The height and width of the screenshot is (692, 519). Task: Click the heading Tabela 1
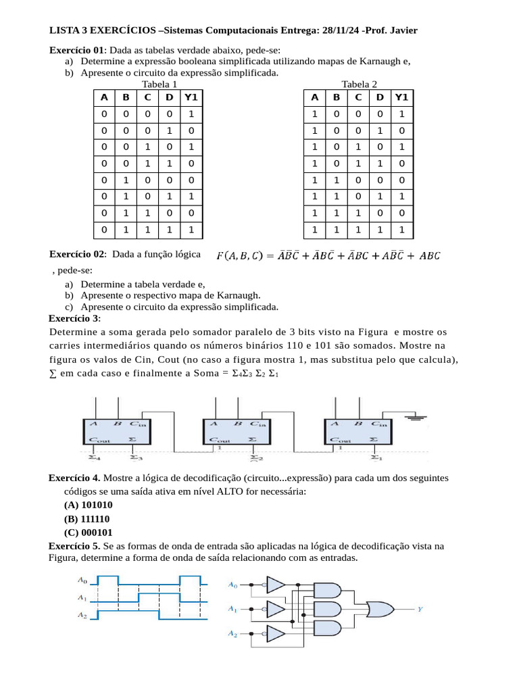(159, 84)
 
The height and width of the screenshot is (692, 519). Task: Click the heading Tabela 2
(360, 84)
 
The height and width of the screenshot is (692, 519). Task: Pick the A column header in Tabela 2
(314, 97)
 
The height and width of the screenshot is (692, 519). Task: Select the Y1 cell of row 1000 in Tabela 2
(402, 114)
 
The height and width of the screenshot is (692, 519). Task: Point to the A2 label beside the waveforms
(82, 616)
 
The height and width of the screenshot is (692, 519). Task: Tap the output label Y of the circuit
(420, 609)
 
